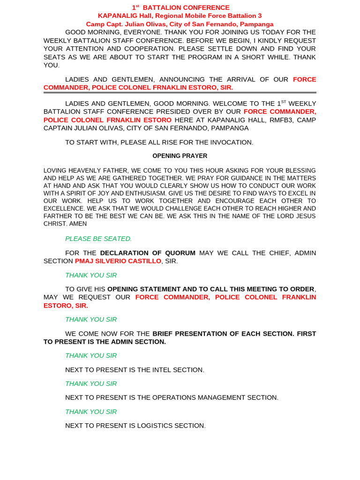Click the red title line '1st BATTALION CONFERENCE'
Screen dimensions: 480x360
pos(180,7)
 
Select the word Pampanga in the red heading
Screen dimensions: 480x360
pos(257,24)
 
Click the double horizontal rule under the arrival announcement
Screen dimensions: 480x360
pos(180,93)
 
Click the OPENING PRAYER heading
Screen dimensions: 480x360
pos(180,156)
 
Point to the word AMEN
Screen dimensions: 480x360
pos(77,224)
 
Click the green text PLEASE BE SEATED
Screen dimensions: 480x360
pos(98,239)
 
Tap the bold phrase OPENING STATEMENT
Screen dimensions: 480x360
pos(143,289)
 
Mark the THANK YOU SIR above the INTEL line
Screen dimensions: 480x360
pos(91,356)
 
